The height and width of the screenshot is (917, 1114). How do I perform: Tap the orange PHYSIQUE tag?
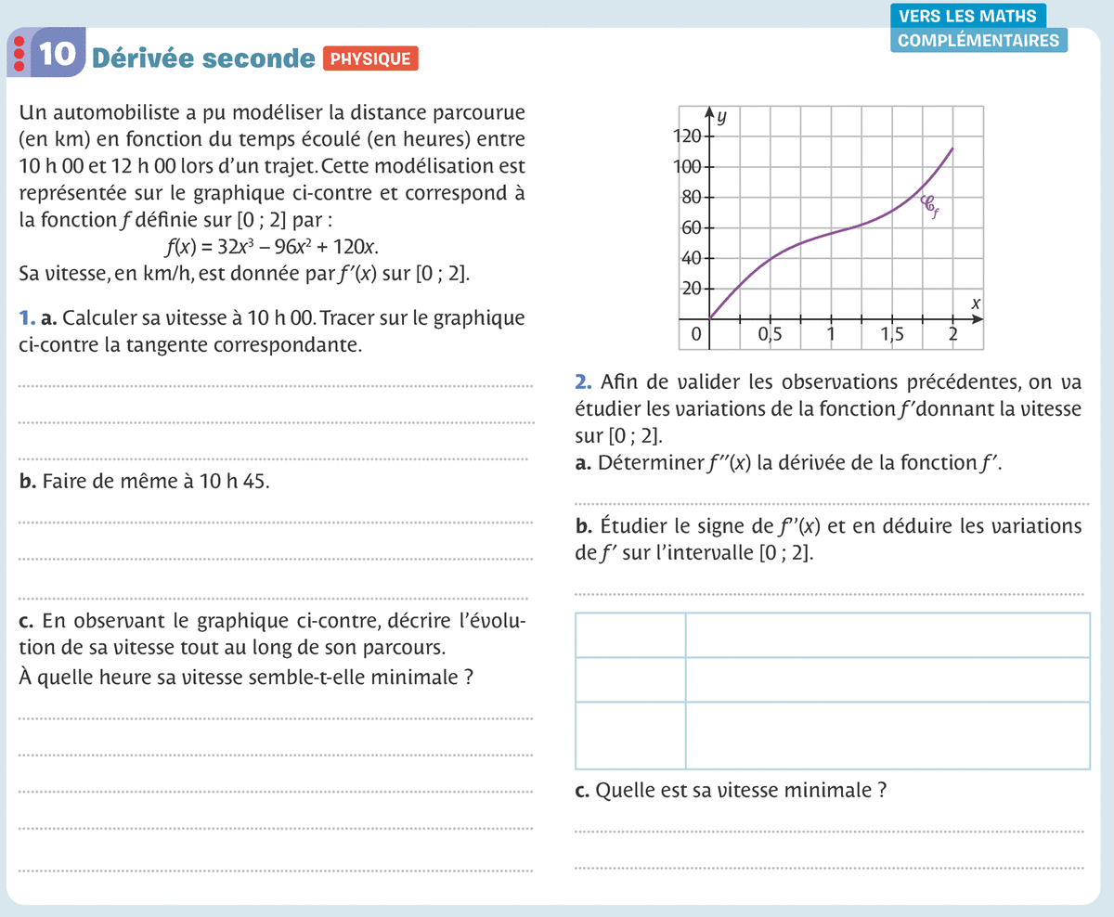point(370,58)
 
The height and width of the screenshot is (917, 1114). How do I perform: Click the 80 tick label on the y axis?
point(692,198)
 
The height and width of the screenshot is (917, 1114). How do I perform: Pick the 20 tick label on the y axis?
point(692,289)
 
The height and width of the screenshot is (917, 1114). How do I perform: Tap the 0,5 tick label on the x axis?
point(770,336)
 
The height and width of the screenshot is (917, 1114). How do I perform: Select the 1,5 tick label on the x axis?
point(891,336)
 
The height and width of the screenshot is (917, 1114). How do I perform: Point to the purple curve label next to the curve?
point(928,206)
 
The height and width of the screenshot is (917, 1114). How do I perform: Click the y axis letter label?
point(721,117)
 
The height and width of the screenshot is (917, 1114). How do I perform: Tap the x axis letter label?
point(976,304)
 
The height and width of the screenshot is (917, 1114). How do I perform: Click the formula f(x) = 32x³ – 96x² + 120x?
point(271,248)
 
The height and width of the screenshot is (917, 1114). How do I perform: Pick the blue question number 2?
point(583,381)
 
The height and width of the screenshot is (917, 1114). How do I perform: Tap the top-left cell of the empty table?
point(630,635)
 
